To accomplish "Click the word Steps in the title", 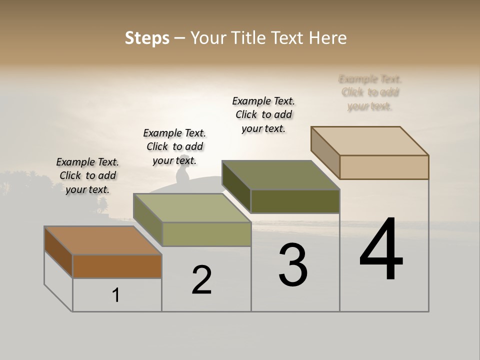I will (147, 38).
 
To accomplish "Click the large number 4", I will (381, 249).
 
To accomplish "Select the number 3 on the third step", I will (293, 265).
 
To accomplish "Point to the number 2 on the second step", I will (202, 280).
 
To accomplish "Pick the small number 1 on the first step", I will (116, 295).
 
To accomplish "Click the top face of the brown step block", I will (102, 240).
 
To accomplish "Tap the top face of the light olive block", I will (192, 208).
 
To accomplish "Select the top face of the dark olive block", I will (280, 175).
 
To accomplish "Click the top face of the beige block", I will (369, 141).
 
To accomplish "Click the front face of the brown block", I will (117, 266).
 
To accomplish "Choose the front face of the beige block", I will (384, 167).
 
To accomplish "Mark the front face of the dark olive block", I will (295, 201).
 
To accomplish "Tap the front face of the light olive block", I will (206, 234).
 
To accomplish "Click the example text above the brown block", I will (87, 175).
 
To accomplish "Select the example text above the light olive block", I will (174, 146).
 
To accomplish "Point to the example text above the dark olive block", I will (263, 114).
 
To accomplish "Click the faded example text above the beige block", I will (370, 92).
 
